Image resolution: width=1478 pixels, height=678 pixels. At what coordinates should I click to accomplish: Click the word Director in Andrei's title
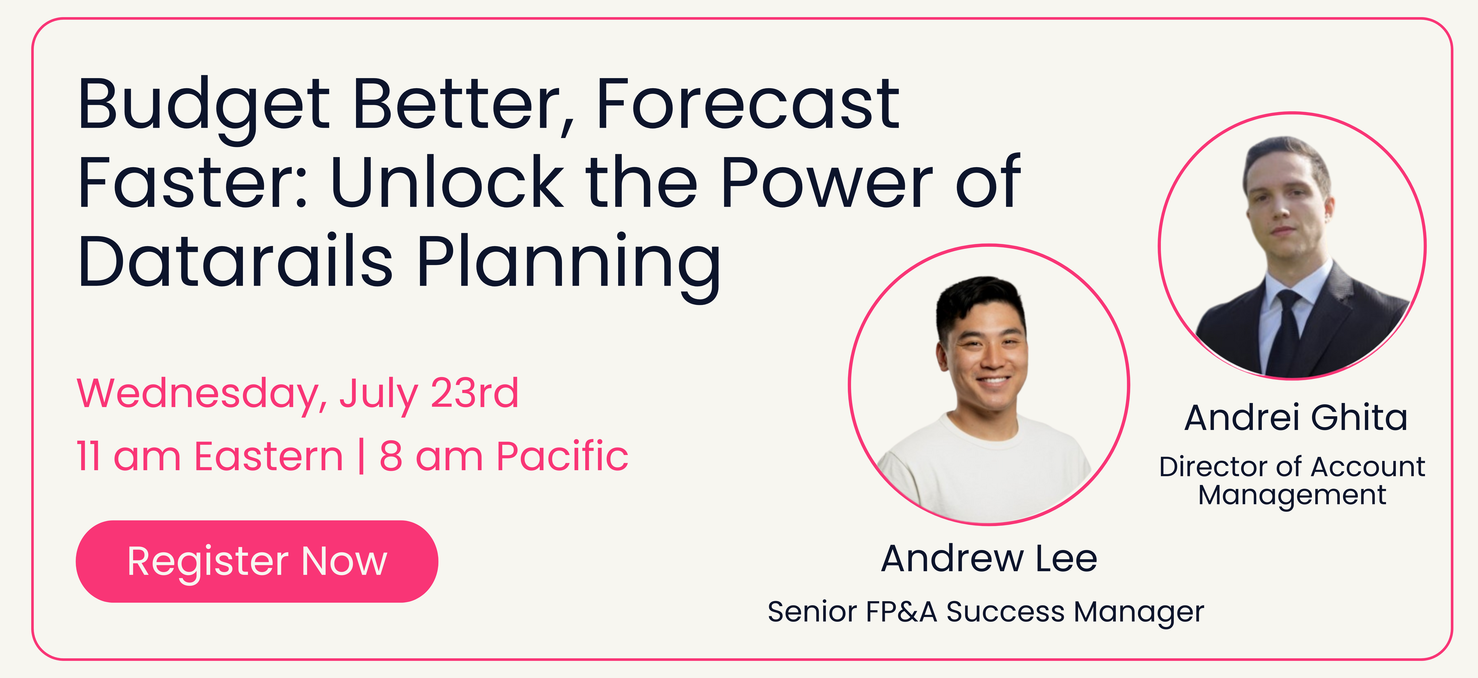pos(1215,467)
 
